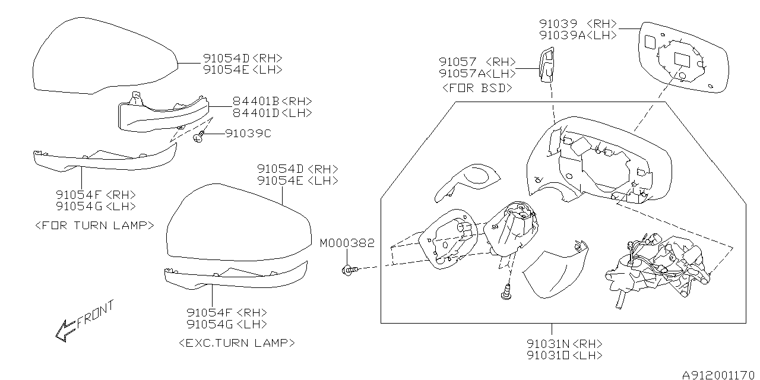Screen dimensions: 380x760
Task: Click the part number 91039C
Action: tap(248, 134)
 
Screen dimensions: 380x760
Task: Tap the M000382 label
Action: tap(347, 243)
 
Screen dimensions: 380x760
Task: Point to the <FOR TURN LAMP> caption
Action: tap(95, 225)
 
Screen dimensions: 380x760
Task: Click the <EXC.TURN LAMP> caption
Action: tap(236, 343)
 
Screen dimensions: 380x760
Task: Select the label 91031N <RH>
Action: tap(564, 344)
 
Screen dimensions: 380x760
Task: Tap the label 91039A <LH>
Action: tap(577, 35)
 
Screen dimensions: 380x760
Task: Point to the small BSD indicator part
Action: tap(546, 64)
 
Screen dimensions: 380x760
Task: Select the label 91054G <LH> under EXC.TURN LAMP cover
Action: tap(226, 324)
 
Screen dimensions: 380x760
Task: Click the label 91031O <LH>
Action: tap(564, 356)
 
